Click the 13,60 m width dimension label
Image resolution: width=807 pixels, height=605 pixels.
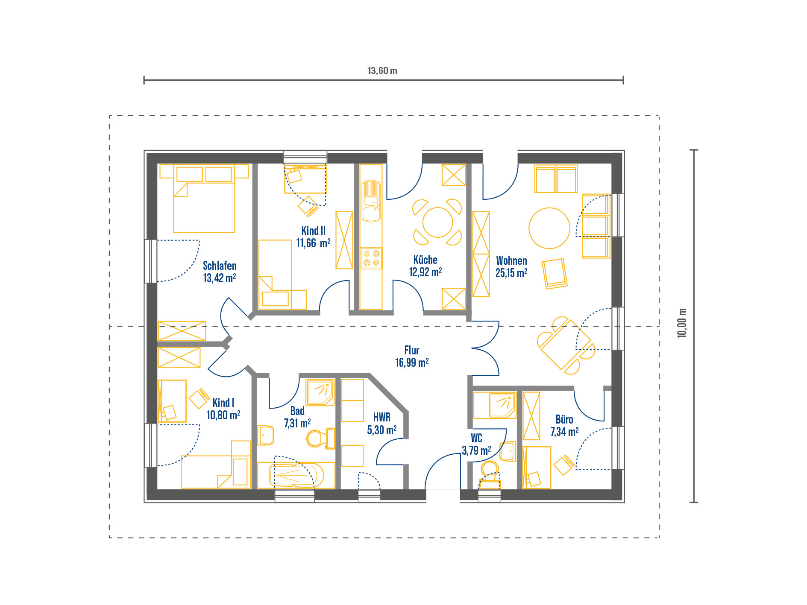(382, 70)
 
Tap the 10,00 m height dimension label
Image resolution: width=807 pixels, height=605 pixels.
(682, 323)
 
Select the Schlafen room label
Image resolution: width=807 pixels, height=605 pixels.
(220, 266)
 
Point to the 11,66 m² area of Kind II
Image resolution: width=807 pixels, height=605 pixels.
(313, 243)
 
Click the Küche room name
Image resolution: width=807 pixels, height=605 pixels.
(426, 260)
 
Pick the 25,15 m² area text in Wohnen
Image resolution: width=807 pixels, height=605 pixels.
(511, 273)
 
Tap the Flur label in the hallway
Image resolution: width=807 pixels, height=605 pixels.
(412, 350)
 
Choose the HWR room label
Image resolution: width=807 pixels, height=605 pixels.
(382, 417)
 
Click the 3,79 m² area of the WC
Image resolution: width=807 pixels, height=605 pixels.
(476, 450)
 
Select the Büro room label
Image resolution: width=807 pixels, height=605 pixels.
(564, 419)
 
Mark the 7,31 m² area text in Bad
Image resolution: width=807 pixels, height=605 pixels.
(297, 423)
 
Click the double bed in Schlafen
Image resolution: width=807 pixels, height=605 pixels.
(204, 199)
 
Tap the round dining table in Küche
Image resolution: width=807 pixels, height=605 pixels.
(437, 222)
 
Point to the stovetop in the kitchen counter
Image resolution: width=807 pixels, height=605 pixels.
(371, 258)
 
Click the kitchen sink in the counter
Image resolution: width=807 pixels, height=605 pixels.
(371, 201)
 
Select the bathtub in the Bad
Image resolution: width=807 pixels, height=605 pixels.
(296, 475)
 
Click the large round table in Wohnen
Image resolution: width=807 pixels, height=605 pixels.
(549, 228)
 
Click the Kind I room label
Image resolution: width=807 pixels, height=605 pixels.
(223, 403)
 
